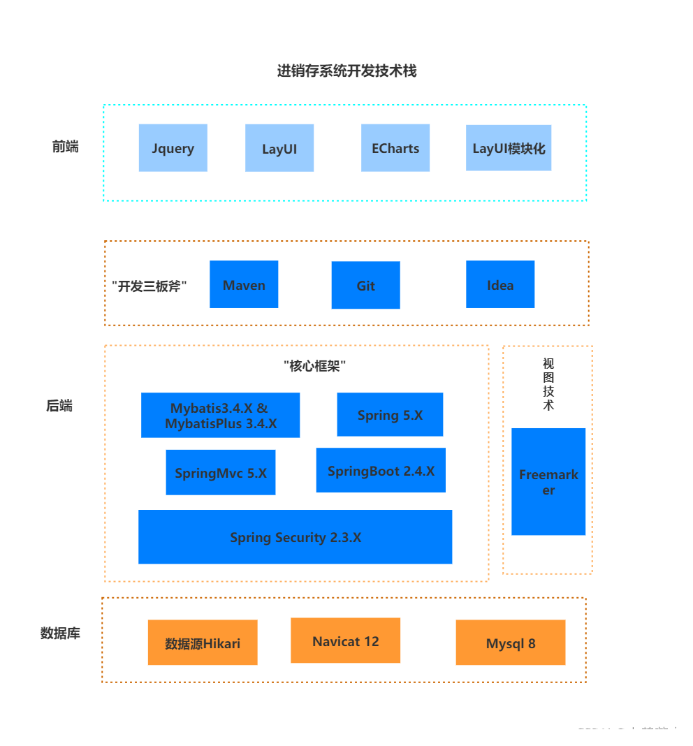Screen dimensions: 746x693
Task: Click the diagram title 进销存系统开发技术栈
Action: click(x=346, y=71)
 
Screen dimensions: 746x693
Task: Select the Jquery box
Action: click(x=173, y=148)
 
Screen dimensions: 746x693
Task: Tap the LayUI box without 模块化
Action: click(x=279, y=148)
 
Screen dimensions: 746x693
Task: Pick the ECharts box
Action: click(x=395, y=148)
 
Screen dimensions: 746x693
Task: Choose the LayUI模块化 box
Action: click(x=509, y=148)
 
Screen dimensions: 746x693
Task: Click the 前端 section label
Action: click(x=65, y=147)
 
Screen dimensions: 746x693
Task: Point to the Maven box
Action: click(x=244, y=284)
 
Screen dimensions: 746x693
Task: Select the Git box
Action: click(x=365, y=285)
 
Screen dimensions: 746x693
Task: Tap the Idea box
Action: click(x=500, y=284)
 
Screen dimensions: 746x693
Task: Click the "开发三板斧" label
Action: click(x=149, y=286)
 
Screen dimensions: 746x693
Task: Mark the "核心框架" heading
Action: click(x=314, y=365)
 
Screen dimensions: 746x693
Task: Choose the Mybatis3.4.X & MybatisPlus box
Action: click(x=220, y=416)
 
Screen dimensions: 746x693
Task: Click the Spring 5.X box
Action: click(x=390, y=415)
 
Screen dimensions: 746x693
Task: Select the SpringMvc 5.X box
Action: click(x=221, y=472)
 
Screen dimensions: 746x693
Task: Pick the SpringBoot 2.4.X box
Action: click(x=381, y=471)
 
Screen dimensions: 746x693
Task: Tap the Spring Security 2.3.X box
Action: click(x=295, y=537)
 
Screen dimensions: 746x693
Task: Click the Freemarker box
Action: click(x=548, y=482)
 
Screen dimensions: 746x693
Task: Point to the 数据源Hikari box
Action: click(x=203, y=643)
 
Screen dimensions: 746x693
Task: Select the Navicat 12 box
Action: click(x=345, y=641)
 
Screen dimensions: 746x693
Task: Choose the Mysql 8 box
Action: click(x=511, y=643)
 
